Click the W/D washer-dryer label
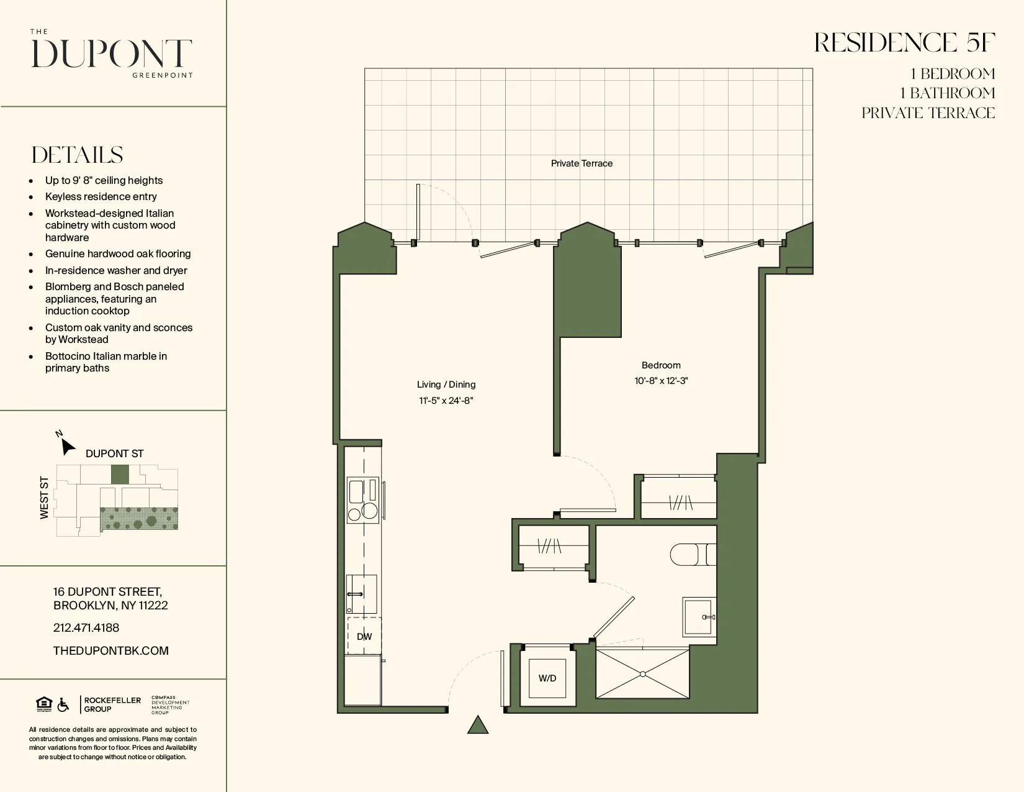click(547, 678)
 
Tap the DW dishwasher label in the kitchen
click(364, 637)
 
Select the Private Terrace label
click(582, 163)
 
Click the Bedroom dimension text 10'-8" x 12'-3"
click(661, 381)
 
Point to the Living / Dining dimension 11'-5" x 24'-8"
click(446, 401)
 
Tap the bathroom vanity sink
click(698, 617)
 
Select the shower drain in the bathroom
click(642, 674)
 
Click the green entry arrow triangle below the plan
click(477, 726)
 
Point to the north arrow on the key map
click(66, 445)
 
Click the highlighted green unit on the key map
click(120, 475)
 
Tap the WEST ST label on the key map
click(44, 498)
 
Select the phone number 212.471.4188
click(86, 628)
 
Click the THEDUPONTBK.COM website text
click(111, 650)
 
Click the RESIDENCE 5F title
click(904, 43)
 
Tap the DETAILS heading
click(78, 155)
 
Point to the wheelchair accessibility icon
click(63, 705)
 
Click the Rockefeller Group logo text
click(112, 704)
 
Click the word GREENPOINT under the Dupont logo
click(163, 75)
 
